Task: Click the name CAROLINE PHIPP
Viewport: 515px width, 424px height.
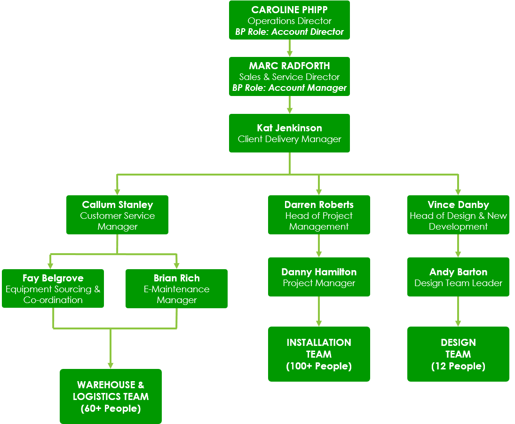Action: [x=289, y=10]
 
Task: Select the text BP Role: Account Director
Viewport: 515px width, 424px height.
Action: [x=289, y=32]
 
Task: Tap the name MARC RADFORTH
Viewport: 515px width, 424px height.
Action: [x=289, y=66]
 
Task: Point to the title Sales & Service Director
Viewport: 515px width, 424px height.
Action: [x=289, y=77]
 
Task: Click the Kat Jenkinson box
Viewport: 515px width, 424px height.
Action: [x=289, y=133]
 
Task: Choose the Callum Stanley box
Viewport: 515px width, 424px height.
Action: [x=117, y=215]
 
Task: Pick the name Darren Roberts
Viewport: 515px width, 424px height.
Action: [x=319, y=205]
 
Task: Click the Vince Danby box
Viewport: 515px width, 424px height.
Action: [x=458, y=215]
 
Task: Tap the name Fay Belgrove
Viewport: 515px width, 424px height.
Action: [x=53, y=278]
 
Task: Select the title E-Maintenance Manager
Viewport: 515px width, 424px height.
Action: [x=176, y=295]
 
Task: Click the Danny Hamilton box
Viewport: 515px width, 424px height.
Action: [x=319, y=277]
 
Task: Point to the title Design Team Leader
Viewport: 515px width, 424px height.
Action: [x=458, y=283]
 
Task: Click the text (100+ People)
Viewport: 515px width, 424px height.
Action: [x=319, y=366]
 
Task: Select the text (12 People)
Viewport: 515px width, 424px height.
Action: [x=458, y=366]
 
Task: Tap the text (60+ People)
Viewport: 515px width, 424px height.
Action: [x=111, y=408]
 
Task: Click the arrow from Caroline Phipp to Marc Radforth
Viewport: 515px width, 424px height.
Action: [x=290, y=48]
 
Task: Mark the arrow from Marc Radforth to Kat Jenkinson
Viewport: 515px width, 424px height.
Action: [x=290, y=105]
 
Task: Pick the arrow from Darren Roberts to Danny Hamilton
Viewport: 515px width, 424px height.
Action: [x=319, y=246]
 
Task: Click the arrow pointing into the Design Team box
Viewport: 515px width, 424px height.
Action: [x=458, y=312]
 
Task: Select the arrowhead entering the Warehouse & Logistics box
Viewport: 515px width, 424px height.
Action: [x=111, y=365]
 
